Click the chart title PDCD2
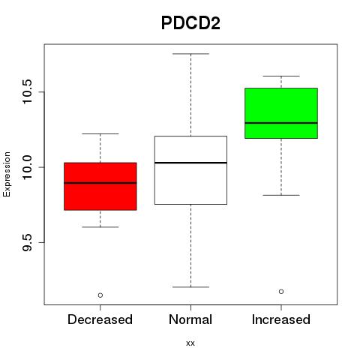pyautogui.click(x=190, y=23)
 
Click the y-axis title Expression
pyautogui.click(x=7, y=174)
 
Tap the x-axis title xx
pyautogui.click(x=190, y=343)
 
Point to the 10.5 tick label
pyautogui.click(x=27, y=91)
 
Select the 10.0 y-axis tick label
pyautogui.click(x=27, y=167)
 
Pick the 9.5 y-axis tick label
pyautogui.click(x=27, y=242)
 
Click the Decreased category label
pyautogui.click(x=100, y=319)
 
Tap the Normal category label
pyautogui.click(x=190, y=319)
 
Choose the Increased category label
pyautogui.click(x=281, y=319)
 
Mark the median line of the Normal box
pyautogui.click(x=190, y=163)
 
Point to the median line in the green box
pyautogui.click(x=281, y=123)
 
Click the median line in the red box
pyautogui.click(x=100, y=183)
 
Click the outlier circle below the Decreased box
pyautogui.click(x=100, y=295)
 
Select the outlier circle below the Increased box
pyautogui.click(x=281, y=292)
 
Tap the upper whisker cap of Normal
pyautogui.click(x=190, y=54)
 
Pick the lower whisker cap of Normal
pyautogui.click(x=190, y=287)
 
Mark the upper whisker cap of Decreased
pyautogui.click(x=100, y=133)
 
